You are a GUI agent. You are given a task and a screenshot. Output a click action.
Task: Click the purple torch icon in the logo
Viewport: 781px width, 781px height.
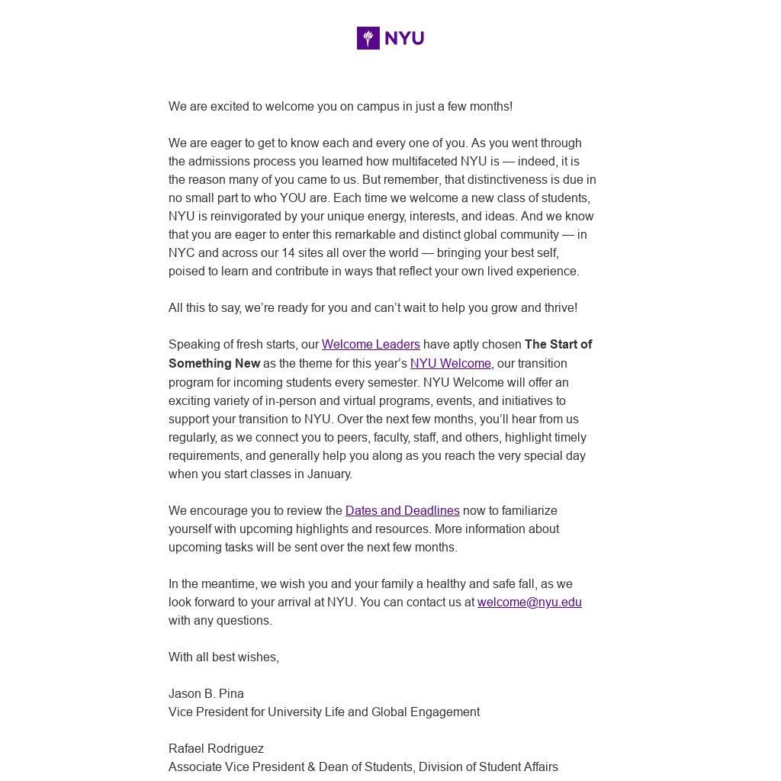(368, 38)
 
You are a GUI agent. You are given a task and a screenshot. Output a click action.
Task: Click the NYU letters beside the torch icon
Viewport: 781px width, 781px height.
(404, 38)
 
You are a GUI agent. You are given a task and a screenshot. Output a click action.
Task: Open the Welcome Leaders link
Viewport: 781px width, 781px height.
(371, 345)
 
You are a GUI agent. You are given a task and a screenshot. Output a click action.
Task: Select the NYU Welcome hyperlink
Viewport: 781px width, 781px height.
(450, 364)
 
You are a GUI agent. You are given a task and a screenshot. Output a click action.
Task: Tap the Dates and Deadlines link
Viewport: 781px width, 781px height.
(402, 511)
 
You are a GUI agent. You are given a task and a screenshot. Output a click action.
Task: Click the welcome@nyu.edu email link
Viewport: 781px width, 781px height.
(529, 603)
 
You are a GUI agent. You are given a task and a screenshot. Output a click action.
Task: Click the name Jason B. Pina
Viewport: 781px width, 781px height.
(206, 694)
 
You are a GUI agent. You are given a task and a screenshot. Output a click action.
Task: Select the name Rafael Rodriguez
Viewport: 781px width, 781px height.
(216, 749)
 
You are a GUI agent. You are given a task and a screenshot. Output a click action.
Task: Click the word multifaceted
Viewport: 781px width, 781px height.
(424, 162)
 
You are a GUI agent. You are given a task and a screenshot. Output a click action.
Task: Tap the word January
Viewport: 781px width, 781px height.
(329, 474)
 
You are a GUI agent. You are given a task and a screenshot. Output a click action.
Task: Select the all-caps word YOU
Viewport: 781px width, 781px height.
(293, 198)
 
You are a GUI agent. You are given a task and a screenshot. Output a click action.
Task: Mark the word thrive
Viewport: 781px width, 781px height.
(558, 308)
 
